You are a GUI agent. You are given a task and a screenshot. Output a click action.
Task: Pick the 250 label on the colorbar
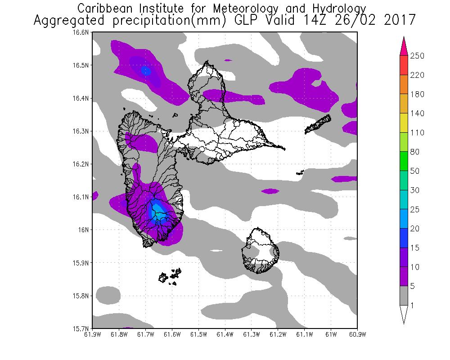pyautogui.click(x=418, y=56)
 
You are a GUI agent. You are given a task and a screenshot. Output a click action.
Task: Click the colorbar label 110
pyautogui.click(x=418, y=133)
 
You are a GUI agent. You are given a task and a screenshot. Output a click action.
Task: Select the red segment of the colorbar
pyautogui.click(x=404, y=65)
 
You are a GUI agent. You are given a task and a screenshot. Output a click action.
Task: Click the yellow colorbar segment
pyautogui.click(x=404, y=123)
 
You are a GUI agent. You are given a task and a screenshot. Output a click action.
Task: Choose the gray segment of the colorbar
pyautogui.click(x=404, y=296)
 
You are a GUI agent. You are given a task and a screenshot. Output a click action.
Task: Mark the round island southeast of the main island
pyautogui.click(x=260, y=250)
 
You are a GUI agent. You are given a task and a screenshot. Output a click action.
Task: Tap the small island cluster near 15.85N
pyautogui.click(x=171, y=276)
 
